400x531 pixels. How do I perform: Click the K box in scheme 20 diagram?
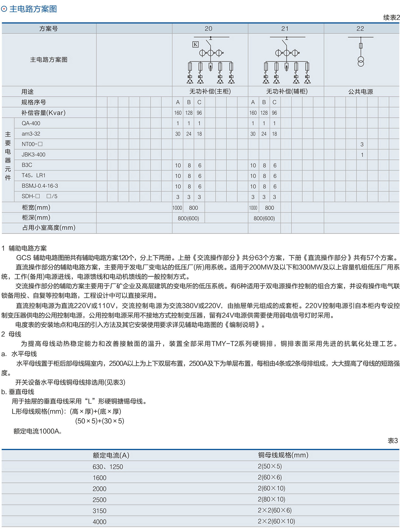[195, 44]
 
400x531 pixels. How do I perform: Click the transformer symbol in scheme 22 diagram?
[361, 61]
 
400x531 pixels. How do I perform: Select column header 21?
[285, 29]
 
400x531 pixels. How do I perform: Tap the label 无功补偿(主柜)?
[210, 91]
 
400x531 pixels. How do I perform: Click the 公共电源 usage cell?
[361, 92]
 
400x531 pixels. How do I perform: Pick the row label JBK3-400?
[34, 155]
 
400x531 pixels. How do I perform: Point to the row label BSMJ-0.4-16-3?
[40, 186]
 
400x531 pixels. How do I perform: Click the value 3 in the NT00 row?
[362, 144]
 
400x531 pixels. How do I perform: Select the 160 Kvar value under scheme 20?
[178, 113]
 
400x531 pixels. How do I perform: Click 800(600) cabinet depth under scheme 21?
[264, 218]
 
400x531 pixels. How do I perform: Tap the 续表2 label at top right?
[391, 18]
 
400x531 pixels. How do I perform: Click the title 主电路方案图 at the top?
[33, 9]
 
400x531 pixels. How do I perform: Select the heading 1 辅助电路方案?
[24, 248]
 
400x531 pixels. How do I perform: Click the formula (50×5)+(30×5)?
[100, 421]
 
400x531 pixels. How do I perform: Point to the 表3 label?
[393, 441]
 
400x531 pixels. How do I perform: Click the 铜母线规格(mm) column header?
[283, 455]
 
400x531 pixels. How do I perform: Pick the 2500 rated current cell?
[99, 500]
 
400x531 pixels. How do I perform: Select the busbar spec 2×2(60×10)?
[276, 521]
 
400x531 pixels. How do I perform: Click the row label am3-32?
[31, 134]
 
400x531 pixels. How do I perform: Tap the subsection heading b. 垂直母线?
[18, 392]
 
